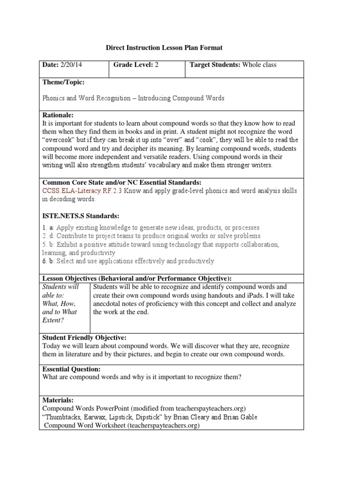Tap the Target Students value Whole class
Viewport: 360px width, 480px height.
coord(259,65)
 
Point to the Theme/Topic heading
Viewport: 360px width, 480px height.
coord(64,82)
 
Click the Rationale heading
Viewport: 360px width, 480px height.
coord(58,115)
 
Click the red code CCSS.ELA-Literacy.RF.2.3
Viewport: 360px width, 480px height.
coord(84,191)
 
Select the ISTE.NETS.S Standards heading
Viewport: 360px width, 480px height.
coord(81,216)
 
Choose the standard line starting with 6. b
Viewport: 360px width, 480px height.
coord(128,261)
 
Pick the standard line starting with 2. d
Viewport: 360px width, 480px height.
coord(151,236)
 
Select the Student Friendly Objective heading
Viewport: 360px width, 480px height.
coord(84,337)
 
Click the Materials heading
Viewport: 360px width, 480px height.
coord(58,400)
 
